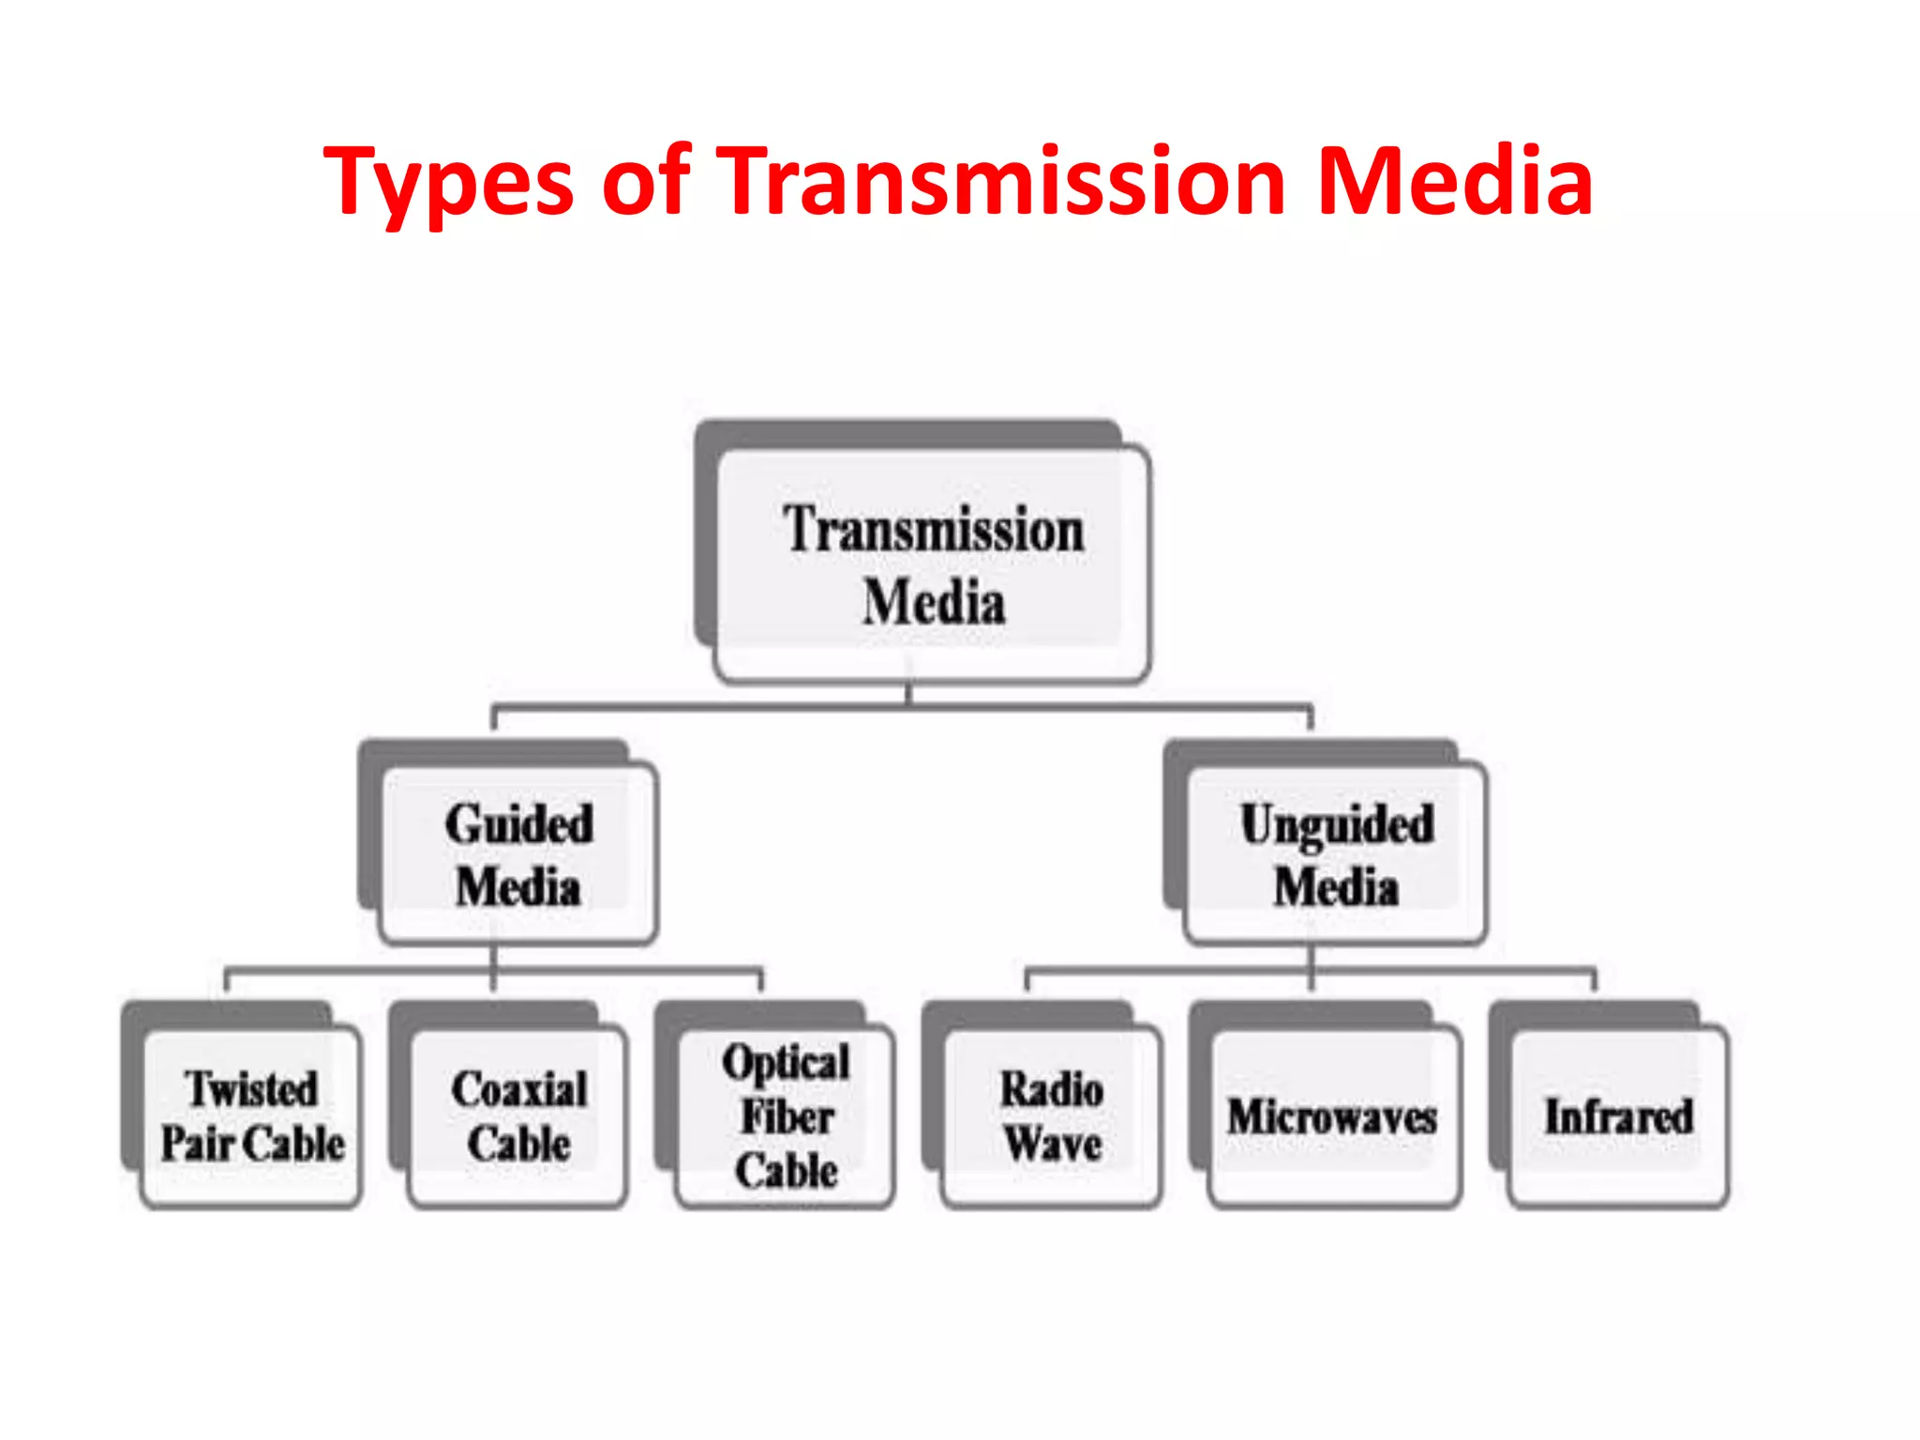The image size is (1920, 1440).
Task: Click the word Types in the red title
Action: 448,183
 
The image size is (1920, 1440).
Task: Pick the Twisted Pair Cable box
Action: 251,1116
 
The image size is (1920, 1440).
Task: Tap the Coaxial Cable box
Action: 518,1116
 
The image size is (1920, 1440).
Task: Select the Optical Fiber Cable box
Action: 786,1116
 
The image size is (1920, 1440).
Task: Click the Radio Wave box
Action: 1052,1116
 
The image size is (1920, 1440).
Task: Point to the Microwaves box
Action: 1333,1116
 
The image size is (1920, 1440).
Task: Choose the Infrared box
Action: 1619,1116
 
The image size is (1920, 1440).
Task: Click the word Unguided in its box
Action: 1337,825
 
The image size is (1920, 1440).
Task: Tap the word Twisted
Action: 251,1088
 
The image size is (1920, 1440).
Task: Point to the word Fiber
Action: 787,1117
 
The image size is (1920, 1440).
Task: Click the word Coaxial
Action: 519,1089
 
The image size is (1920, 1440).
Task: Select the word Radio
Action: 1052,1089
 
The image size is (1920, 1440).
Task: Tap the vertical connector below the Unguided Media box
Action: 1312,966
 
